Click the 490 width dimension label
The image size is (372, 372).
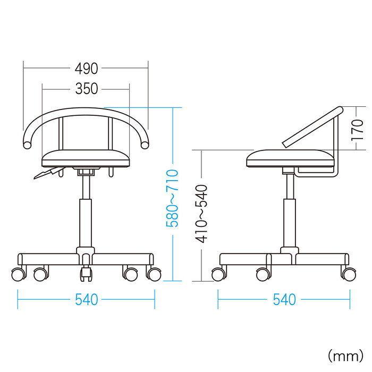86,69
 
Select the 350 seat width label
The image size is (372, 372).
86,89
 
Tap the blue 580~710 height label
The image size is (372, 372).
172,198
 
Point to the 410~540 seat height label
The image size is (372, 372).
201,214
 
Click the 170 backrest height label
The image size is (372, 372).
357,130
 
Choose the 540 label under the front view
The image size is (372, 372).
86,300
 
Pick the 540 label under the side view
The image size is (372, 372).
284,299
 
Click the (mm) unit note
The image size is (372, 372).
345,356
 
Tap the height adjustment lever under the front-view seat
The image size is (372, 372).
48,173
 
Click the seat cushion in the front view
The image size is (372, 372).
86,158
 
